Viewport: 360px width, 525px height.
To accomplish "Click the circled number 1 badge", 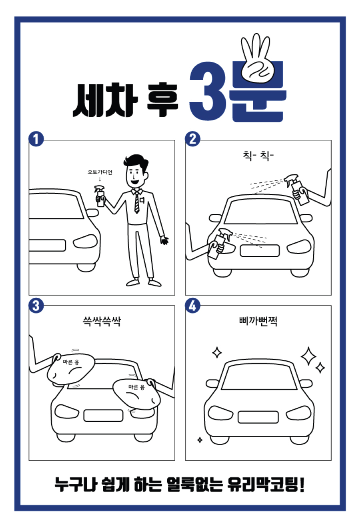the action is tap(36, 139).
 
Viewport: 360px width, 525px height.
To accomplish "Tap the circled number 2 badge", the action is tap(192, 139).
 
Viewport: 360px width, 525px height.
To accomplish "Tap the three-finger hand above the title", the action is tap(257, 59).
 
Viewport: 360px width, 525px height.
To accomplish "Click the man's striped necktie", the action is tap(136, 202).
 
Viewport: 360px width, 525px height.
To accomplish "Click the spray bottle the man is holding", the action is tap(100, 196).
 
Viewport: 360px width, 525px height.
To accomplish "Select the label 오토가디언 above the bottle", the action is tap(100, 172).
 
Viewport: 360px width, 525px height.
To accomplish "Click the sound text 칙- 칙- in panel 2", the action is tap(258, 156).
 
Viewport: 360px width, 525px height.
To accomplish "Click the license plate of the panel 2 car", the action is tap(260, 251).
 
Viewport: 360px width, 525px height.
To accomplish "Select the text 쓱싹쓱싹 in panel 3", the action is tap(102, 321).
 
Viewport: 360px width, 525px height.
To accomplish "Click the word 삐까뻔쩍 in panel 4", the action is tap(258, 321).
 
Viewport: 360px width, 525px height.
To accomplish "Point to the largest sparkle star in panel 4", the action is tap(308, 356).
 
